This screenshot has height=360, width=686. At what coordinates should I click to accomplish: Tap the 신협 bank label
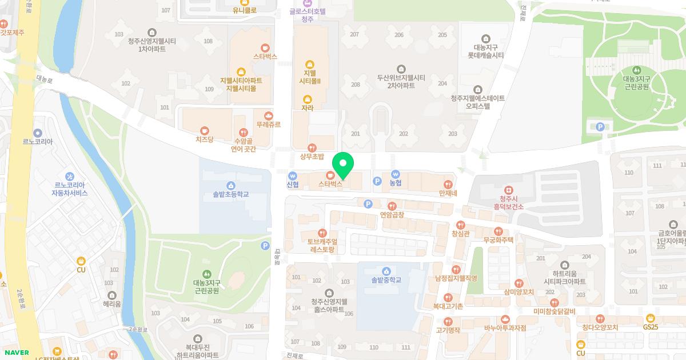[x=293, y=185]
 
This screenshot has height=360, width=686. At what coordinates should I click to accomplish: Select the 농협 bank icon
[x=395, y=174]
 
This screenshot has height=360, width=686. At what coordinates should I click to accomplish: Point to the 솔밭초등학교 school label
[x=227, y=194]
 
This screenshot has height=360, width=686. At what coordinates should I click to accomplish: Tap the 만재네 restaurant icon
[x=448, y=185]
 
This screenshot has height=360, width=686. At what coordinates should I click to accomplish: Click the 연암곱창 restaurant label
[x=392, y=215]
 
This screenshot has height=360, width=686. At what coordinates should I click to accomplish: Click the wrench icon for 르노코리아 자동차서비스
[x=70, y=175]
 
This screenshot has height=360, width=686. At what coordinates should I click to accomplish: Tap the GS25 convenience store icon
[x=651, y=318]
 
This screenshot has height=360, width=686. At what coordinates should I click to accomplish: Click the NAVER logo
[x=15, y=353]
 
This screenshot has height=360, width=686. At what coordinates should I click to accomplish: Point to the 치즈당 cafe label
[x=204, y=139]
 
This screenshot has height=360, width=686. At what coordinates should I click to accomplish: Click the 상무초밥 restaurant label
[x=312, y=156]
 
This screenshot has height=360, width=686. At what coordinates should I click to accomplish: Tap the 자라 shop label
[x=308, y=107]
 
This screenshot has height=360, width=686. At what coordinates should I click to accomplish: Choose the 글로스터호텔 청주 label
[x=308, y=15]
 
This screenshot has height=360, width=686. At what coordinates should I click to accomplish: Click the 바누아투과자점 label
[x=505, y=328]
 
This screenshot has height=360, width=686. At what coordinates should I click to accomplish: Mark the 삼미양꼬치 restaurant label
[x=519, y=292]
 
